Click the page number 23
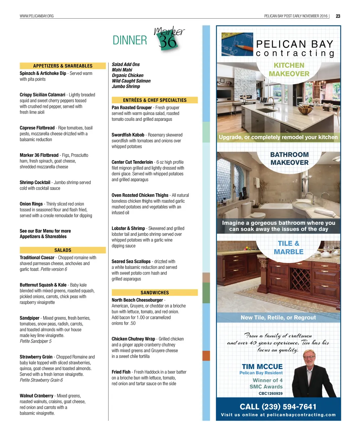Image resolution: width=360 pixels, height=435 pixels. click(338, 16)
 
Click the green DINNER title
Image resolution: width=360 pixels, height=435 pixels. click(130, 40)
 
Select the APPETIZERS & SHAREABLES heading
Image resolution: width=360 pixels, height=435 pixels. click(63, 66)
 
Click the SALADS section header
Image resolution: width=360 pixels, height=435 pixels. click(63, 250)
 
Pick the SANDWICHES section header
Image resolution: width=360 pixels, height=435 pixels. click(155, 292)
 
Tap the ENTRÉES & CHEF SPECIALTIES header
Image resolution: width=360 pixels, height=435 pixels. click(155, 100)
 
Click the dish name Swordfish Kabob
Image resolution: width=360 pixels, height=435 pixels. click(128, 135)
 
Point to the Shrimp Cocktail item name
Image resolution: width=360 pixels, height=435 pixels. click(35, 182)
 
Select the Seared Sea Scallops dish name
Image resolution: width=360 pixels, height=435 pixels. click(131, 261)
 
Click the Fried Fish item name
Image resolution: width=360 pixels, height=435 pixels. click(121, 372)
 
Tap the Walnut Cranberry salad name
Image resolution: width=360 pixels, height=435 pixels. click(37, 396)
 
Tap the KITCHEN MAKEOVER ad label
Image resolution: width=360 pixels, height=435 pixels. click(289, 70)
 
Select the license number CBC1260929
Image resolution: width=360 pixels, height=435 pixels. click(270, 394)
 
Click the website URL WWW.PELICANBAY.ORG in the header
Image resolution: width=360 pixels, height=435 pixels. click(37, 16)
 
